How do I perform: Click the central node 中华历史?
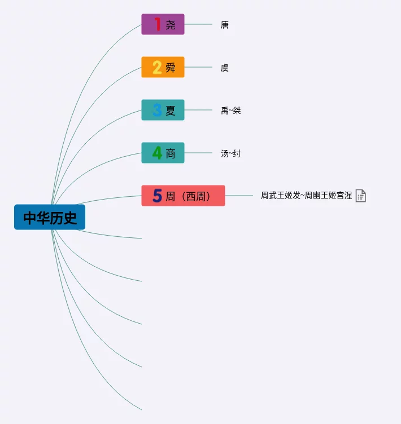(50, 217)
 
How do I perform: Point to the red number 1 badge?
(157, 24)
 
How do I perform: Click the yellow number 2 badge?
(157, 67)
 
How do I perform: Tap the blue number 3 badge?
(157, 110)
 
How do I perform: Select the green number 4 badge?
(157, 153)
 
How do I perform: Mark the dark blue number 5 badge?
(157, 196)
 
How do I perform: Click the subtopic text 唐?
(225, 25)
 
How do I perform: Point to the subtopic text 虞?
(225, 68)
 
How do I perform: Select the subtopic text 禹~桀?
(230, 111)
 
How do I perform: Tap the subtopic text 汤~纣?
(230, 153)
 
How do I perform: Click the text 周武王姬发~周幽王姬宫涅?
(306, 196)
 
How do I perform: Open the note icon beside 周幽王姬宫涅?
(360, 196)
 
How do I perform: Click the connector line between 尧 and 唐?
(198, 24)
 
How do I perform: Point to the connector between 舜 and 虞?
(198, 67)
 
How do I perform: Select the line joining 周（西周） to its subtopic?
(239, 196)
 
